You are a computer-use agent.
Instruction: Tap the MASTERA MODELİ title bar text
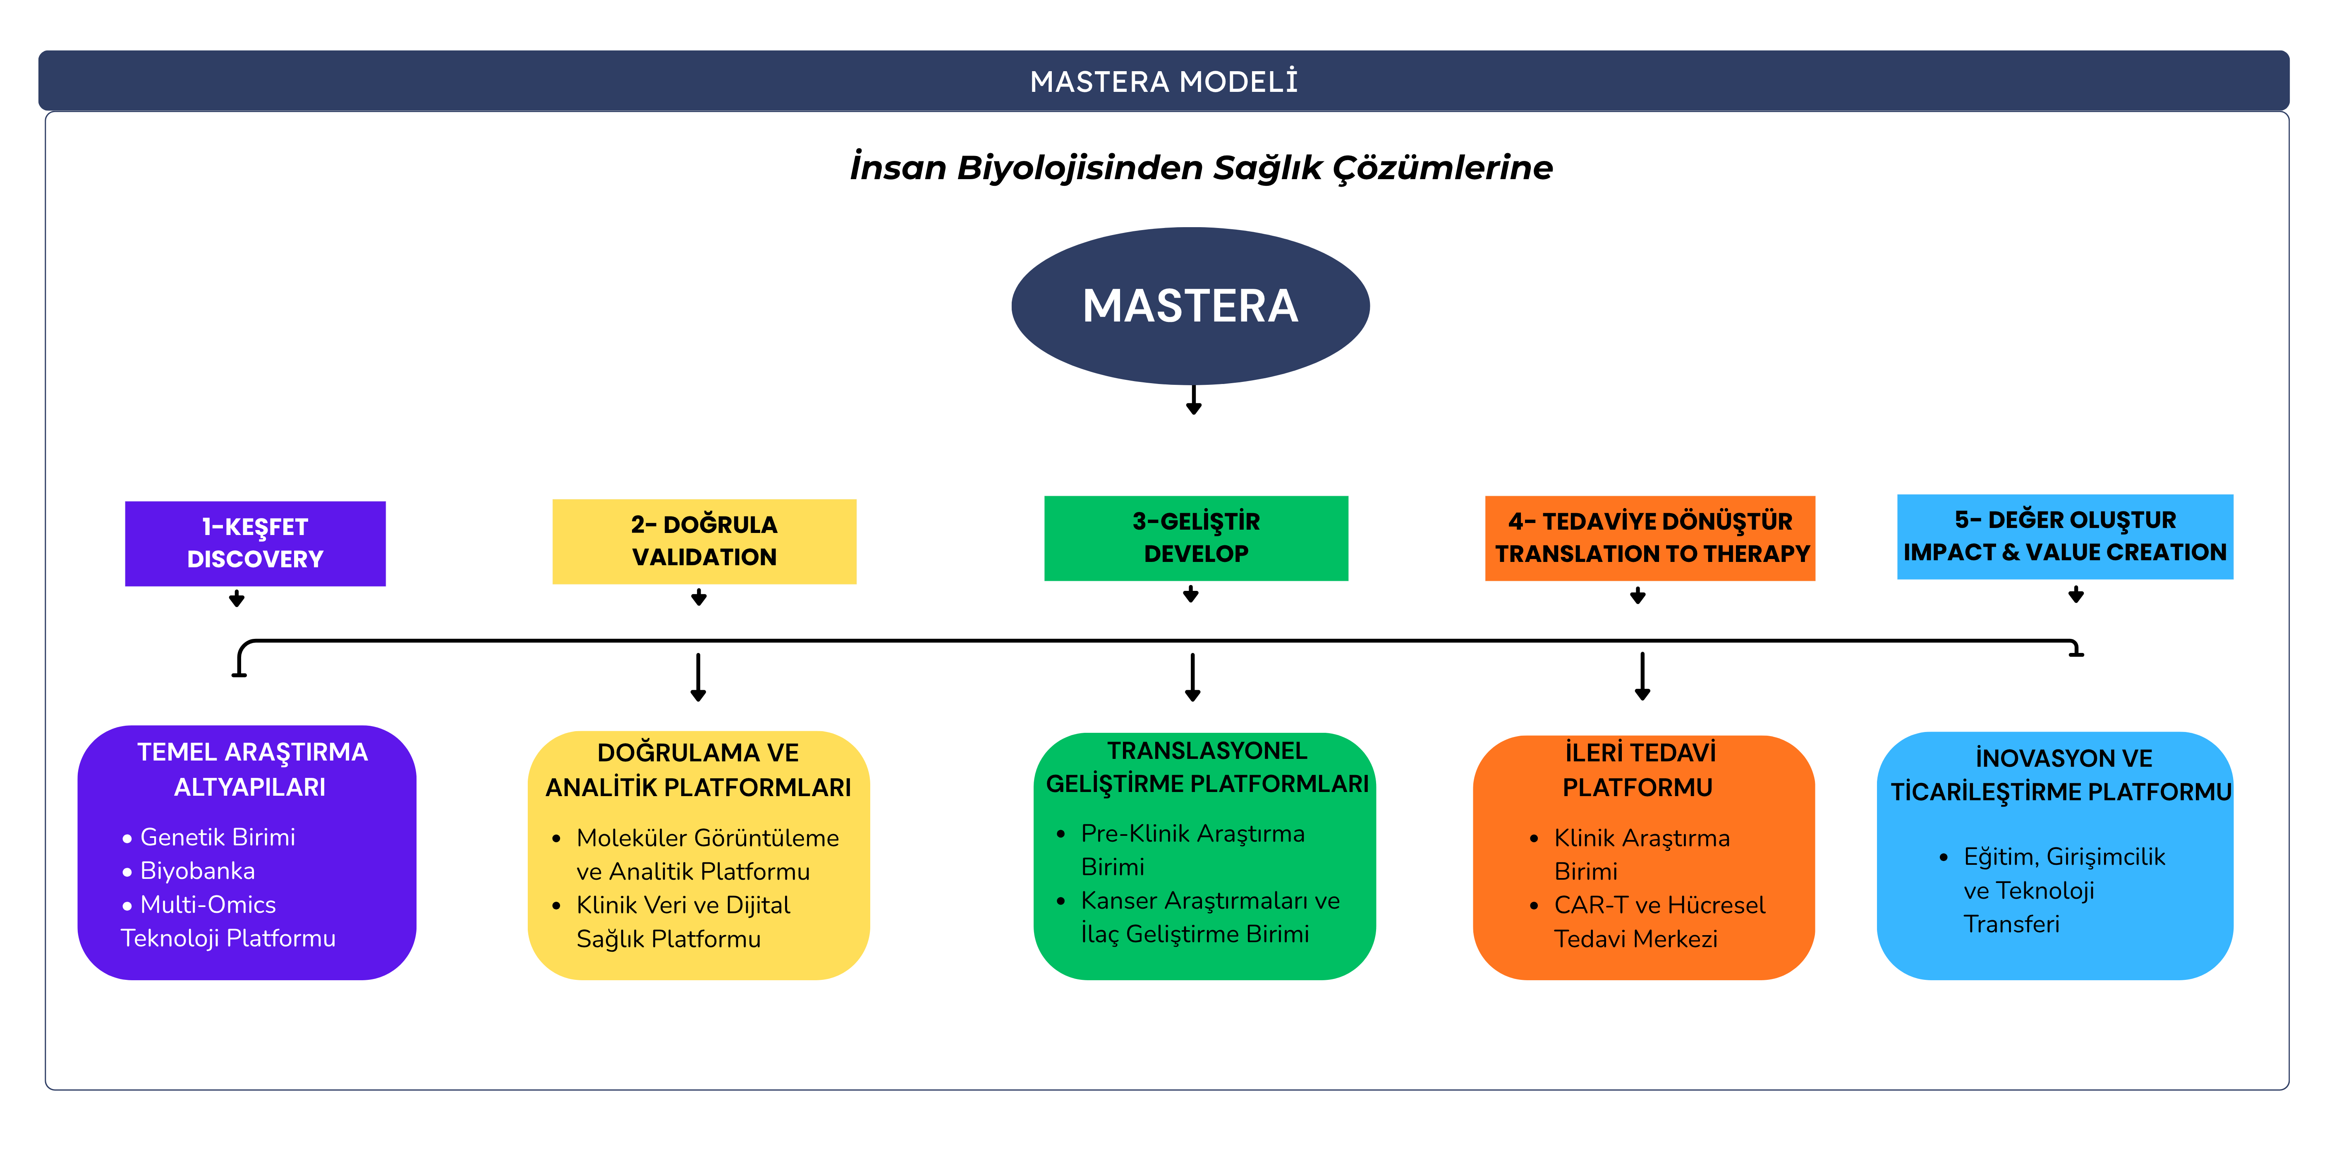(x=1163, y=82)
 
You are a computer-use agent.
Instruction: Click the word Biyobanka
(x=198, y=871)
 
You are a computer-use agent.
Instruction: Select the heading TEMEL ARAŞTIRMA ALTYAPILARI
(x=252, y=770)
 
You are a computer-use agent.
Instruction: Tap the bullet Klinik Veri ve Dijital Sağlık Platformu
(x=673, y=921)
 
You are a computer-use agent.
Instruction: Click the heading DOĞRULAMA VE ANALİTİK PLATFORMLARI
(x=698, y=770)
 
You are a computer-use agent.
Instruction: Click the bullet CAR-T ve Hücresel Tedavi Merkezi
(x=1648, y=921)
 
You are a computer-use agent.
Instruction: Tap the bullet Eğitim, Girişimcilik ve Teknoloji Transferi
(x=2052, y=890)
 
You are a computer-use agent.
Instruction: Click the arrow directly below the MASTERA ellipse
(x=1193, y=399)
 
